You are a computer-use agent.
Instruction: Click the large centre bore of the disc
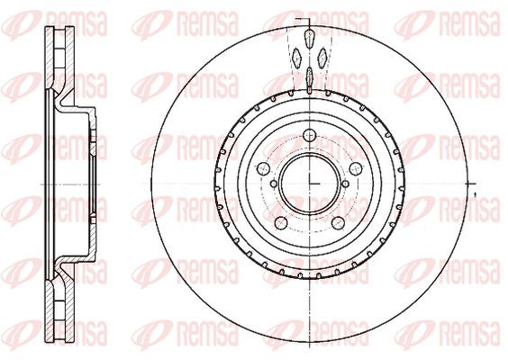(x=310, y=184)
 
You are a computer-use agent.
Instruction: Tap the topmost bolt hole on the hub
(x=310, y=135)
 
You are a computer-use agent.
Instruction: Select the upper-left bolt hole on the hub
(x=263, y=168)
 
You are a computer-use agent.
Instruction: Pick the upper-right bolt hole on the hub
(x=356, y=168)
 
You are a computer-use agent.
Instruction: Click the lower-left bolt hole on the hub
(x=281, y=222)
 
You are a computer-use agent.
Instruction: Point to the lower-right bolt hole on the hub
(x=338, y=222)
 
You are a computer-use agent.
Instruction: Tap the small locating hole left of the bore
(x=274, y=184)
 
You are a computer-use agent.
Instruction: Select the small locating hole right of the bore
(x=345, y=184)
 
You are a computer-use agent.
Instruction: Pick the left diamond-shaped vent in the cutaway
(x=297, y=58)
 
